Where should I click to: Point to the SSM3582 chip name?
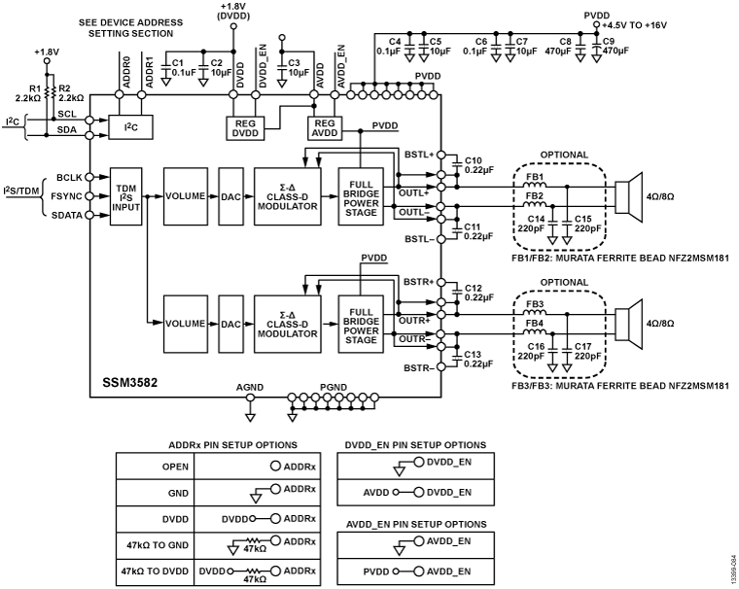click(x=128, y=382)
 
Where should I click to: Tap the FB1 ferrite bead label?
click(x=534, y=177)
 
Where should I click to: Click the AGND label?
click(x=250, y=388)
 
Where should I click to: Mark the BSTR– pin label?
click(x=417, y=368)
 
